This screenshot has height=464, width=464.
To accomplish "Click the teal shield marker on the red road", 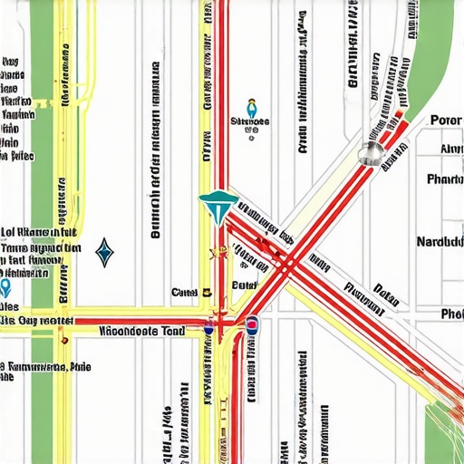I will point(220,207).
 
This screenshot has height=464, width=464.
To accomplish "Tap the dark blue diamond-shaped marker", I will point(105,252).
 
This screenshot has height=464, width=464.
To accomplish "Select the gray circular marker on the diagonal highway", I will point(369,153).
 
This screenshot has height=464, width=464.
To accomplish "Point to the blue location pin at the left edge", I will point(5,288).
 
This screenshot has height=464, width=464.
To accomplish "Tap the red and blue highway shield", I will point(252,326).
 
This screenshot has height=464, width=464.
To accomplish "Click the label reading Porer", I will point(445,121).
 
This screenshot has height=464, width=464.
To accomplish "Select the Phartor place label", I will point(443,179).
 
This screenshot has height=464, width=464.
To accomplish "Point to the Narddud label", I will point(440,242).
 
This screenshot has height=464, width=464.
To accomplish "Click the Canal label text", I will point(185,293).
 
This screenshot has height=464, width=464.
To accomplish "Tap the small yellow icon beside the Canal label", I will point(208,293).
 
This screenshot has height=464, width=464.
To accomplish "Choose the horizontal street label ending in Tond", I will point(141,332).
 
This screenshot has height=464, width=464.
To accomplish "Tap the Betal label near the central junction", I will point(245,285).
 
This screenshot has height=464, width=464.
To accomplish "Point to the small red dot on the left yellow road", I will point(63,341).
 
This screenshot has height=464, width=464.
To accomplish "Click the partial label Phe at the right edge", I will point(450,314).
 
